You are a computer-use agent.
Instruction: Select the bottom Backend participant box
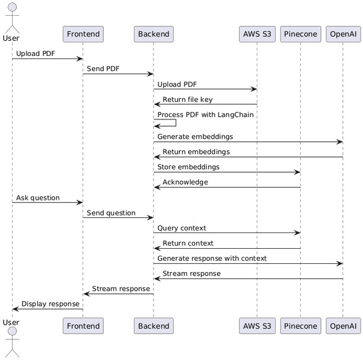154,325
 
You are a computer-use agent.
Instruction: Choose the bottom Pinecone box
301,325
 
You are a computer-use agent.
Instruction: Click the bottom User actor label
11,322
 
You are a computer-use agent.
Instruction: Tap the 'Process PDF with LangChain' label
205,114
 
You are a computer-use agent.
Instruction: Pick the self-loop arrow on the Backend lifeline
167,123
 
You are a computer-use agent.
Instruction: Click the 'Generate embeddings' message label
195,136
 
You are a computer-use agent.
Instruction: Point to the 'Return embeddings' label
196,151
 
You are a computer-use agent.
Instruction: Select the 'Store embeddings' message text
188,166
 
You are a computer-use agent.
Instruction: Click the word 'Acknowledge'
185,182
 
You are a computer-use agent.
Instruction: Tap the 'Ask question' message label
38,197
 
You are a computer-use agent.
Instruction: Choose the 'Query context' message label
181,227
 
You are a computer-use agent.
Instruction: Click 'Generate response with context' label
211,258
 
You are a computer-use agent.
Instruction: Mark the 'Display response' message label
50,303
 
